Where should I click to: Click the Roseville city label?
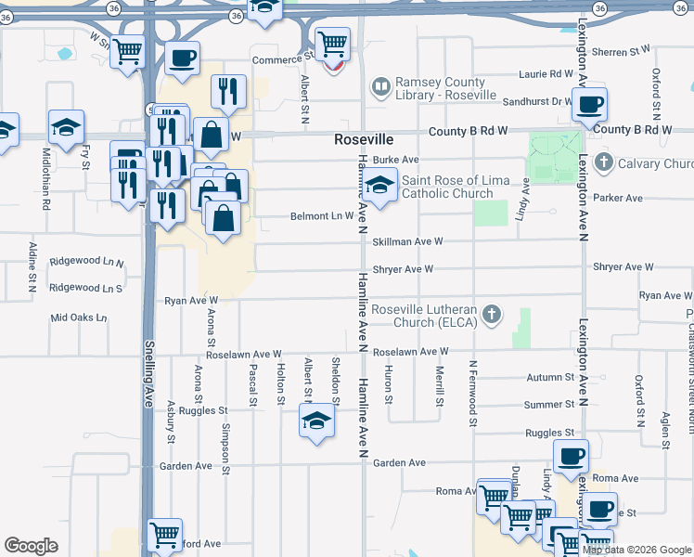pos(364,139)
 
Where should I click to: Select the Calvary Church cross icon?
pos(604,164)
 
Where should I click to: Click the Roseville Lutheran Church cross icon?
pos(492,316)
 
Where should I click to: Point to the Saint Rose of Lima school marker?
pos(379,187)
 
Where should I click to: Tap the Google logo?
pos(31,546)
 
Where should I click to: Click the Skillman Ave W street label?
pos(407,241)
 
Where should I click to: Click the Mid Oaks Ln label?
pos(79,317)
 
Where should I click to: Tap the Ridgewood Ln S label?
pos(85,288)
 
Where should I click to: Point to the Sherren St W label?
pos(622,52)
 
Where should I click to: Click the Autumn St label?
pos(549,378)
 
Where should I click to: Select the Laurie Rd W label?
pos(546,73)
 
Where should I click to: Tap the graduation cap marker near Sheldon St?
pos(316,420)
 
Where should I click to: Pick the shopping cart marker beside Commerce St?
pos(331,43)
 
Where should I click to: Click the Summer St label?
pos(549,405)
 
